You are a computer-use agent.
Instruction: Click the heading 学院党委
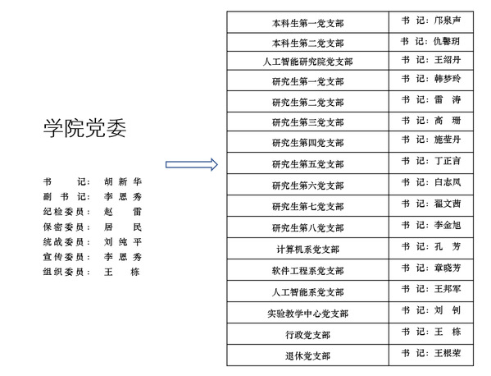coord(84,128)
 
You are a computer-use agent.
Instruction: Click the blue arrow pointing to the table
coord(192,165)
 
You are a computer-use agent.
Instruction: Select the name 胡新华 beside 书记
coord(123,181)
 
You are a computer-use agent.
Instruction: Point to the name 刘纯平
coord(123,242)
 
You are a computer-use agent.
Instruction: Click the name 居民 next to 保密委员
coord(123,227)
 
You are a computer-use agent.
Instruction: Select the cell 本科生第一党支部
coord(308,23)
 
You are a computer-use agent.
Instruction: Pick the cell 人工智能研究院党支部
coord(308,62)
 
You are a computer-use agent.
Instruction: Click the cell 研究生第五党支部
coord(308,164)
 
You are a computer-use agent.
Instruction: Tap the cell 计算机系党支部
coord(308,250)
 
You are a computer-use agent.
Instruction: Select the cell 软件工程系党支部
coord(308,271)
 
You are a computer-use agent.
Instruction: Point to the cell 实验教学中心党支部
coord(308,314)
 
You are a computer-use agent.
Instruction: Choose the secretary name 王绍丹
coord(448,60)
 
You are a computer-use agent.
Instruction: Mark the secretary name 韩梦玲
coord(448,78)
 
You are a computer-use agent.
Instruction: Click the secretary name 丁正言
coord(448,161)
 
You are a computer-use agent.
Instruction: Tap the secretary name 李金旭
coord(448,225)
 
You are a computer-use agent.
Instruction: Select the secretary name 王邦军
coord(448,289)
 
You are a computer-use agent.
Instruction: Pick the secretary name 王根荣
coord(448,353)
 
